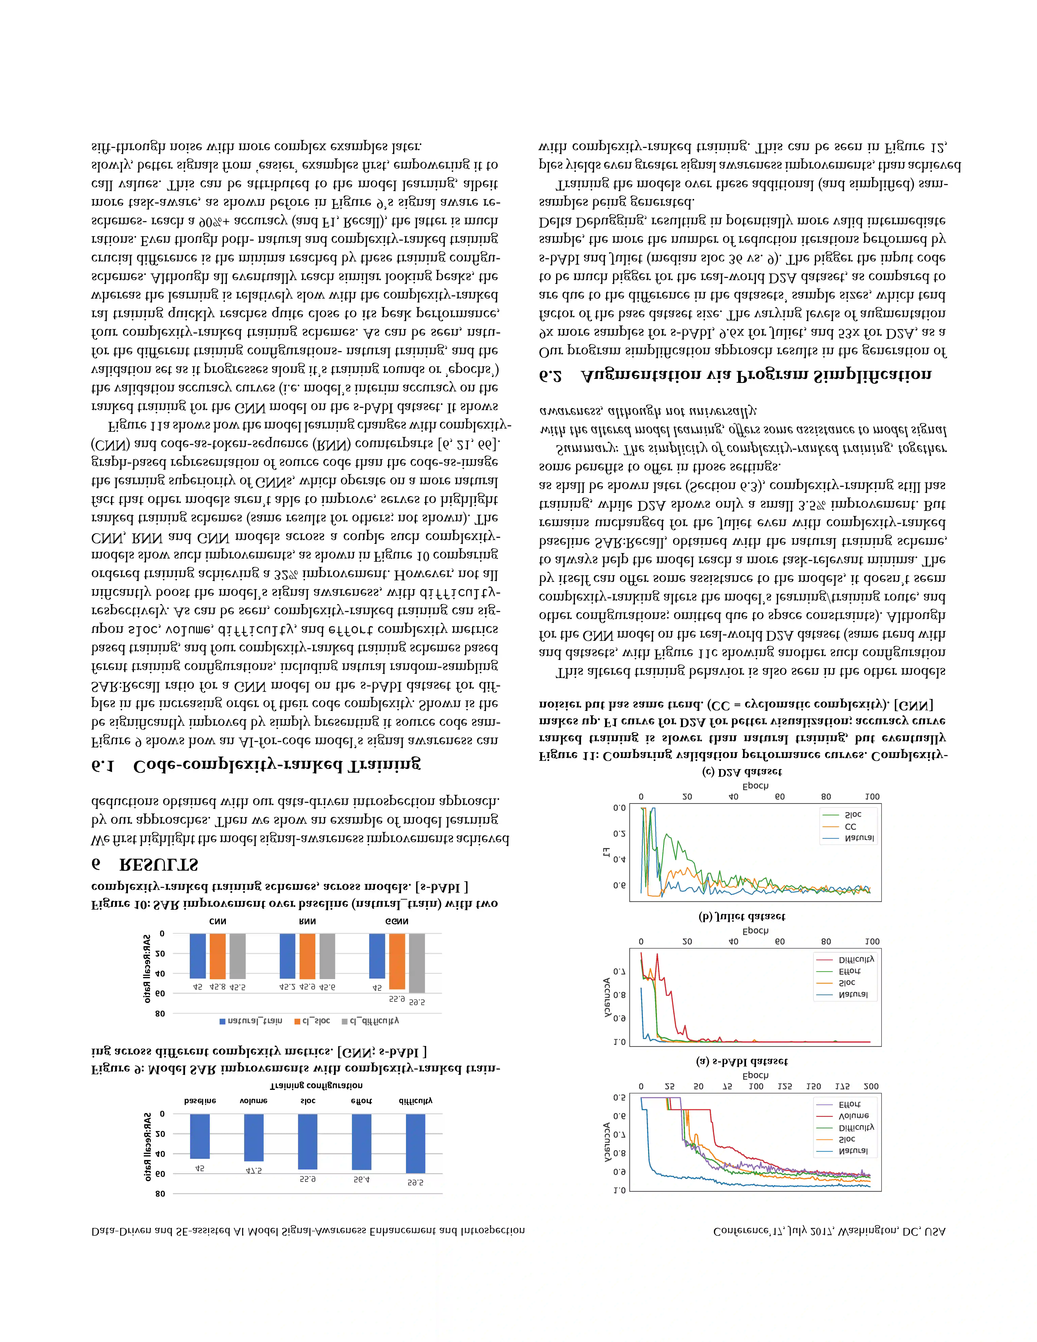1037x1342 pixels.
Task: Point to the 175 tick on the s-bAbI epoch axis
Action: [842, 1086]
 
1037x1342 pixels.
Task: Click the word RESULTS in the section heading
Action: [158, 865]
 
